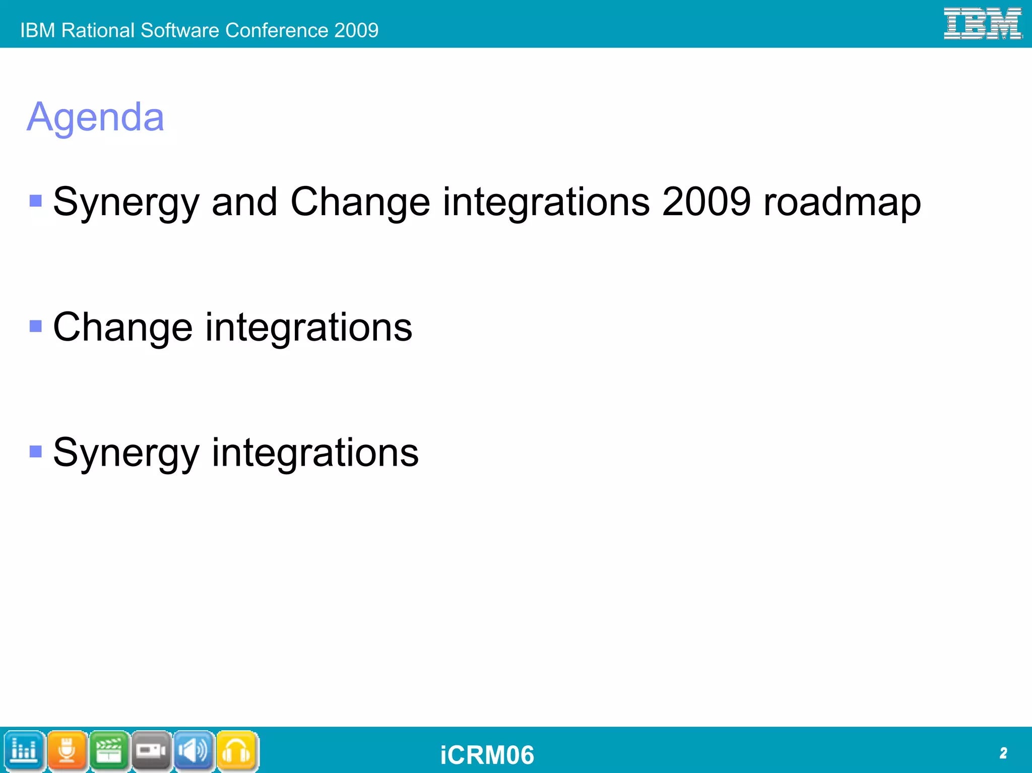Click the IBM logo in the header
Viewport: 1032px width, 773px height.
(982, 24)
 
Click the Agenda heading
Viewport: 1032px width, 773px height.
(95, 117)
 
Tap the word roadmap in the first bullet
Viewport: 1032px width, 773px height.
(842, 202)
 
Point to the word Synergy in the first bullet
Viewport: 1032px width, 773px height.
(126, 202)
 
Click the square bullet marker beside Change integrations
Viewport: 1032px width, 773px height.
(36, 327)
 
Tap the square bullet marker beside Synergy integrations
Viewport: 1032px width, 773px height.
(36, 452)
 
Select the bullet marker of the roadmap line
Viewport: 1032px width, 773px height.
(36, 201)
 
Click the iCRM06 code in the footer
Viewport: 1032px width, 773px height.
(487, 755)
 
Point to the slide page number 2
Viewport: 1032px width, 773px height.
(1003, 753)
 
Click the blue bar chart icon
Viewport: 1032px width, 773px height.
(24, 751)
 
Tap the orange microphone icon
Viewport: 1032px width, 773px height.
(67, 751)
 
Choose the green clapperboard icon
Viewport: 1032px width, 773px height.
(109, 751)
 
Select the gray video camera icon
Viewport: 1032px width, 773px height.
(151, 751)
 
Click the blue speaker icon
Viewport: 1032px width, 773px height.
(193, 751)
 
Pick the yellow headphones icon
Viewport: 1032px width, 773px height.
(236, 751)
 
